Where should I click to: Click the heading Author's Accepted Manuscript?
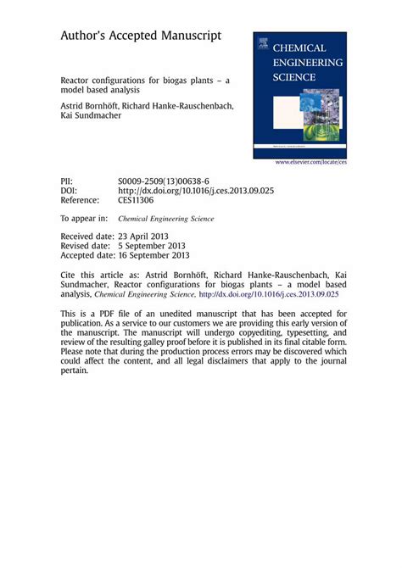pyautogui.click(x=140, y=36)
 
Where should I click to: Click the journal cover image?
pyautogui.click(x=299, y=96)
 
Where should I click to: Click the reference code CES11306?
pyautogui.click(x=136, y=201)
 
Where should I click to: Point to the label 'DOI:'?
pyautogui.click(x=69, y=191)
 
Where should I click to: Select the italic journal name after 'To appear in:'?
pyautogui.click(x=166, y=218)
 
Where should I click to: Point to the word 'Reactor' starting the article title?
pyautogui.click(x=76, y=84)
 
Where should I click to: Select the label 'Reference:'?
pyautogui.click(x=79, y=201)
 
